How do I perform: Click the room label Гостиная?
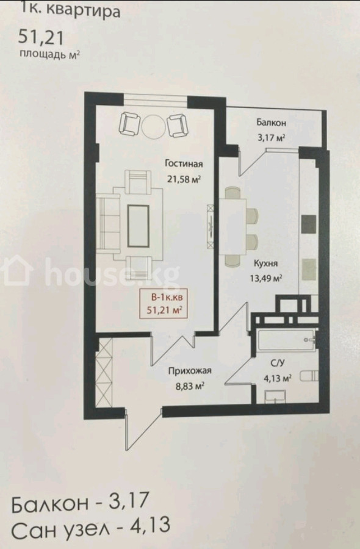tap(184, 164)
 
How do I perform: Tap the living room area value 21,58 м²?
tap(184, 179)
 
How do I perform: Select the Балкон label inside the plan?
tap(271, 123)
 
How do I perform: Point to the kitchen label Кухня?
tap(266, 264)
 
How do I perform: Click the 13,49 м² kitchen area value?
tap(266, 278)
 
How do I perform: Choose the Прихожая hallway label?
tap(190, 371)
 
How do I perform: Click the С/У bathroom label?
tap(278, 363)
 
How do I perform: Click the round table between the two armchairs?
tap(153, 126)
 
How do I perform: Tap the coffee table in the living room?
tap(138, 226)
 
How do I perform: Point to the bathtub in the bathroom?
tap(286, 340)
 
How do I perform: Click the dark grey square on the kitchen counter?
tap(309, 224)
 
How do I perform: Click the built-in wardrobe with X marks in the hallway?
tap(104, 373)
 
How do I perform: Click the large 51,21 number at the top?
tap(41, 37)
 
